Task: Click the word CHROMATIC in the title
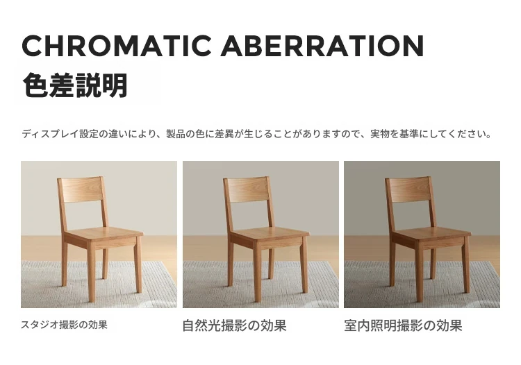tap(116, 46)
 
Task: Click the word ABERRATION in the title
tap(322, 46)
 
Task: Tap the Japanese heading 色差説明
tap(75, 85)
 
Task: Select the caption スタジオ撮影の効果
tap(64, 325)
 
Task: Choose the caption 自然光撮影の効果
tap(235, 325)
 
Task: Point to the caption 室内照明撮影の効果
tap(403, 325)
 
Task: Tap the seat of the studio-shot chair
tap(104, 234)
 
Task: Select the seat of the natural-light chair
tap(270, 234)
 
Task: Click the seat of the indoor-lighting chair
tap(431, 234)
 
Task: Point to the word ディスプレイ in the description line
tap(50, 134)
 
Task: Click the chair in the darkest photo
tap(428, 239)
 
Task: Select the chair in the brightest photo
tap(100, 239)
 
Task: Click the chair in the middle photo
tap(267, 239)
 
